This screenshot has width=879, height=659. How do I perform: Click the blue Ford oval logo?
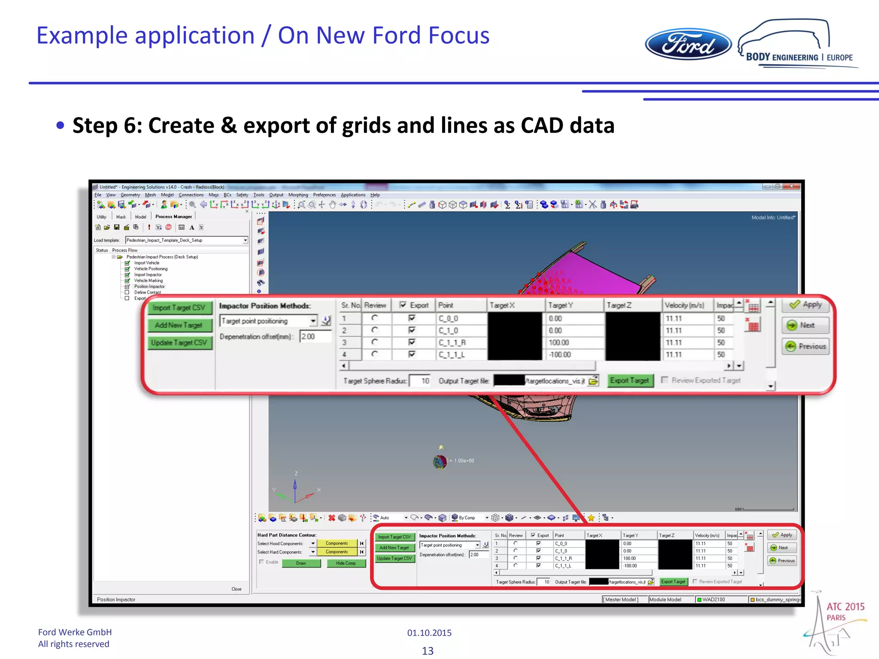pyautogui.click(x=688, y=44)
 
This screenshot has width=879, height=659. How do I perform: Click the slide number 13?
pyautogui.click(x=427, y=650)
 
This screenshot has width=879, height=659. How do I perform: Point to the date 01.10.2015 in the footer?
pyautogui.click(x=429, y=632)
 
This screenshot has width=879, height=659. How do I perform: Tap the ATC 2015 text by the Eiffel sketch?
pyautogui.click(x=846, y=606)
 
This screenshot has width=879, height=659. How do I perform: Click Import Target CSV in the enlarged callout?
pyautogui.click(x=179, y=308)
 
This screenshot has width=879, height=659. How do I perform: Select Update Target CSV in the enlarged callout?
pyautogui.click(x=179, y=343)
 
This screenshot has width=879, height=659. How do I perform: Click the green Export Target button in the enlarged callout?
pyautogui.click(x=630, y=381)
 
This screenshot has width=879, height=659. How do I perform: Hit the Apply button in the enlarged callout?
pyautogui.click(x=806, y=305)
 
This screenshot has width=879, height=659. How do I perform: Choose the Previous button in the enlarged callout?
pyautogui.click(x=806, y=346)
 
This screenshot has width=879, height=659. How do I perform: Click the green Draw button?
pyautogui.click(x=301, y=563)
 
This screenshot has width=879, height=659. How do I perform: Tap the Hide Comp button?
pyautogui.click(x=346, y=563)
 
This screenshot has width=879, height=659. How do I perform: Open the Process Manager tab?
pyautogui.click(x=173, y=217)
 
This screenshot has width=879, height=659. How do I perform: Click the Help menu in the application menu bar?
pyautogui.click(x=375, y=195)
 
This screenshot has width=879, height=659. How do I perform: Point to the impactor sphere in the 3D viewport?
pyautogui.click(x=440, y=462)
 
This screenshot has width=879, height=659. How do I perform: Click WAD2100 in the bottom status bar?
pyautogui.click(x=713, y=599)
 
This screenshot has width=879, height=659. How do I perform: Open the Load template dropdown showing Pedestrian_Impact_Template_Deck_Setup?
pyautogui.click(x=246, y=240)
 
